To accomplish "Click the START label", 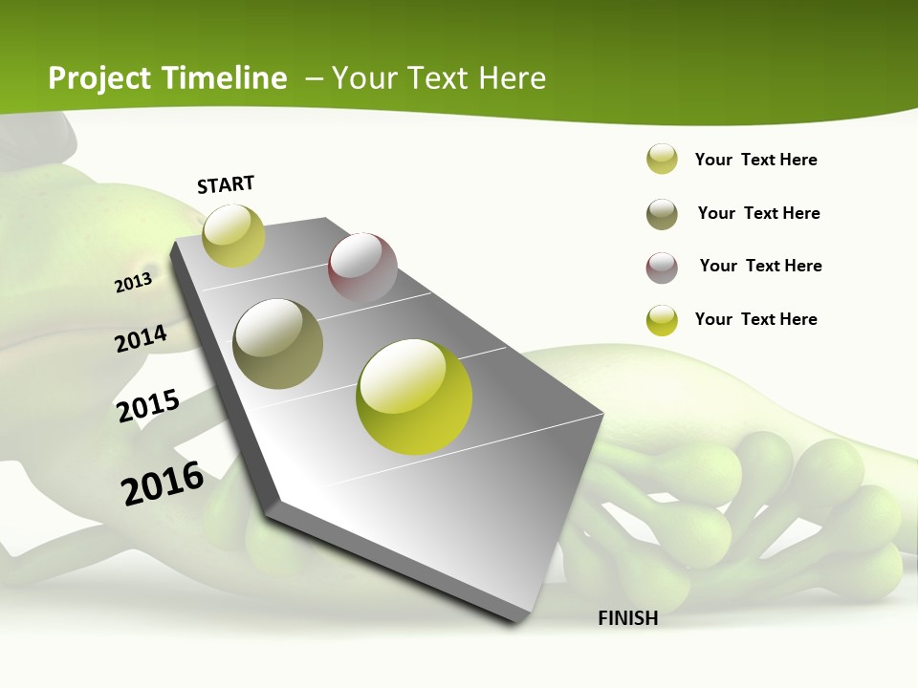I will pyautogui.click(x=226, y=184).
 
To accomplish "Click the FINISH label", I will pyautogui.click(x=628, y=618).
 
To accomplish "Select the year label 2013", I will pyautogui.click(x=133, y=283).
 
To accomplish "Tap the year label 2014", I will pyautogui.click(x=141, y=338).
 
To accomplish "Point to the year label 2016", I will pyautogui.click(x=163, y=484).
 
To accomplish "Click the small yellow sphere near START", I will pyautogui.click(x=233, y=235).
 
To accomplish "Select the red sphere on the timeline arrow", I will pyautogui.click(x=362, y=267).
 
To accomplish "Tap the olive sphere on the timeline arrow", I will pyautogui.click(x=277, y=343).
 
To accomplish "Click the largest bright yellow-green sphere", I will pyautogui.click(x=414, y=397).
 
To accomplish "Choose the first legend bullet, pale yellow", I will pyautogui.click(x=662, y=160).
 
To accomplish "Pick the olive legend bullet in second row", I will pyautogui.click(x=662, y=214).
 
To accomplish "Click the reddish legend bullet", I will pyautogui.click(x=662, y=268).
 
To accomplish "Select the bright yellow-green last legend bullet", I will pyautogui.click(x=662, y=320).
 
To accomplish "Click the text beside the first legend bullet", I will pyautogui.click(x=755, y=160).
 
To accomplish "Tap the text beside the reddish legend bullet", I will pyautogui.click(x=760, y=266).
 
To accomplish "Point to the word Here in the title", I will pyautogui.click(x=511, y=78).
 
